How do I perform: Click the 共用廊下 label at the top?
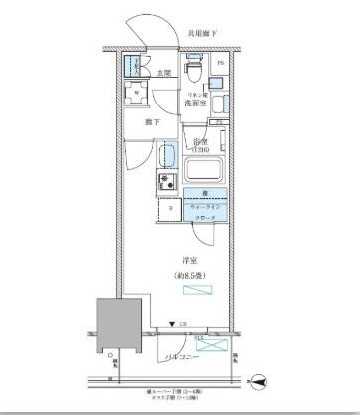click(202, 35)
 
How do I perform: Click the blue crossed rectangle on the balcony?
click(212, 345)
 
